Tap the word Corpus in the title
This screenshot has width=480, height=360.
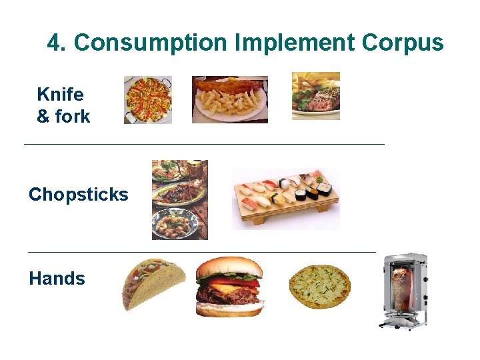(x=403, y=43)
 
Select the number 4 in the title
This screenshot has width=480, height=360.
(x=54, y=43)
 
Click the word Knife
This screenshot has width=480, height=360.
(x=60, y=94)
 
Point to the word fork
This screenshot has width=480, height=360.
(x=73, y=117)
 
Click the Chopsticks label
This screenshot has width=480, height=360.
(x=78, y=195)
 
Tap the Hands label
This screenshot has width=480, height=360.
(x=57, y=279)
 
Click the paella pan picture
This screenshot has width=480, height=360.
(x=147, y=100)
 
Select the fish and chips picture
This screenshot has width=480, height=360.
(x=230, y=99)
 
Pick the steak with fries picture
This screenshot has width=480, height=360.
(x=315, y=96)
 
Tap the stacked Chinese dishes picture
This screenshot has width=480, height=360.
(x=179, y=199)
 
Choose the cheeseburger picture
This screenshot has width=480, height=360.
(x=229, y=287)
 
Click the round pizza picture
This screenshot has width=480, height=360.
(x=319, y=287)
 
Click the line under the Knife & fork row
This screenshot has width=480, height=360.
(x=203, y=144)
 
